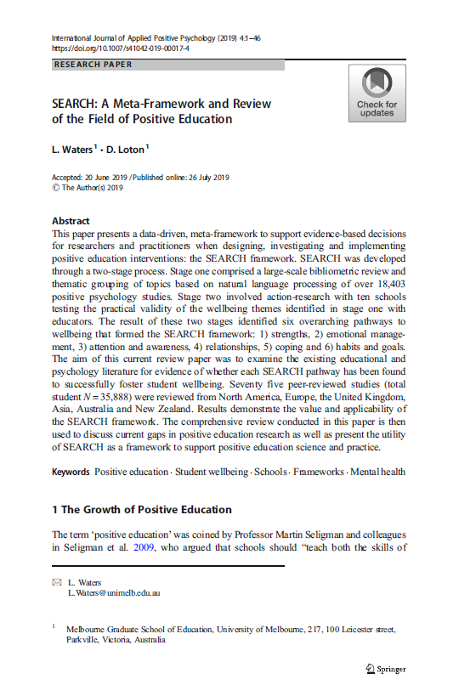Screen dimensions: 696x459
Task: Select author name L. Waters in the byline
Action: click(x=72, y=150)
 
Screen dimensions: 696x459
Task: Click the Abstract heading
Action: click(x=71, y=220)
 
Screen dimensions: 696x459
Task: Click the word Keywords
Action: click(x=71, y=472)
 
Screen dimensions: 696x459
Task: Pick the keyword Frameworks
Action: click(x=319, y=472)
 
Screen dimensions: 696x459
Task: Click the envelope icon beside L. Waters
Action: click(x=57, y=582)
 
